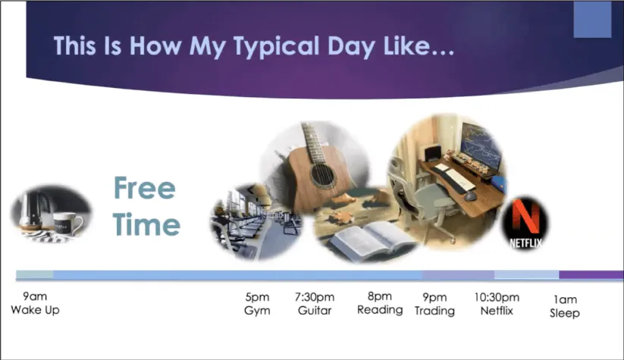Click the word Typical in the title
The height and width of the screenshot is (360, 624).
276,47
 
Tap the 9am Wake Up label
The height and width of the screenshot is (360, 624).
35,303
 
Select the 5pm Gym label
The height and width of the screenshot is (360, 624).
257,304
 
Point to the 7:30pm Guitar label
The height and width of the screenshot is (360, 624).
315,304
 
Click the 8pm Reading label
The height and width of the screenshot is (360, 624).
380,303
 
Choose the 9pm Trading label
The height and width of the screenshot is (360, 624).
434,305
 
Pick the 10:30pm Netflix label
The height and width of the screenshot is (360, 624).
497,304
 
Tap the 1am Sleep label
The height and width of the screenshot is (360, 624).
565,306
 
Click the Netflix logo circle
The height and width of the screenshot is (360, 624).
525,223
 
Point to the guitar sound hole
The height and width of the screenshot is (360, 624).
323,175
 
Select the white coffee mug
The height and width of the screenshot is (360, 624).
67,224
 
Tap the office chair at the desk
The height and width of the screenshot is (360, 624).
422,199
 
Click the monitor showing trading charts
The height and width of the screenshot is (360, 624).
481,146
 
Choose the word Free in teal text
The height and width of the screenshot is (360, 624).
145,188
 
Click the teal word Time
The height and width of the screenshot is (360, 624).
146,224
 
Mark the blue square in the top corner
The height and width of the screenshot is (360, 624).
592,19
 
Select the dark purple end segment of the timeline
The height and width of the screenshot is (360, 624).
591,274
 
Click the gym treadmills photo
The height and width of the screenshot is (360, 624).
255,222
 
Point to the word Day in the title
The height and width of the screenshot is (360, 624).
351,47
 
